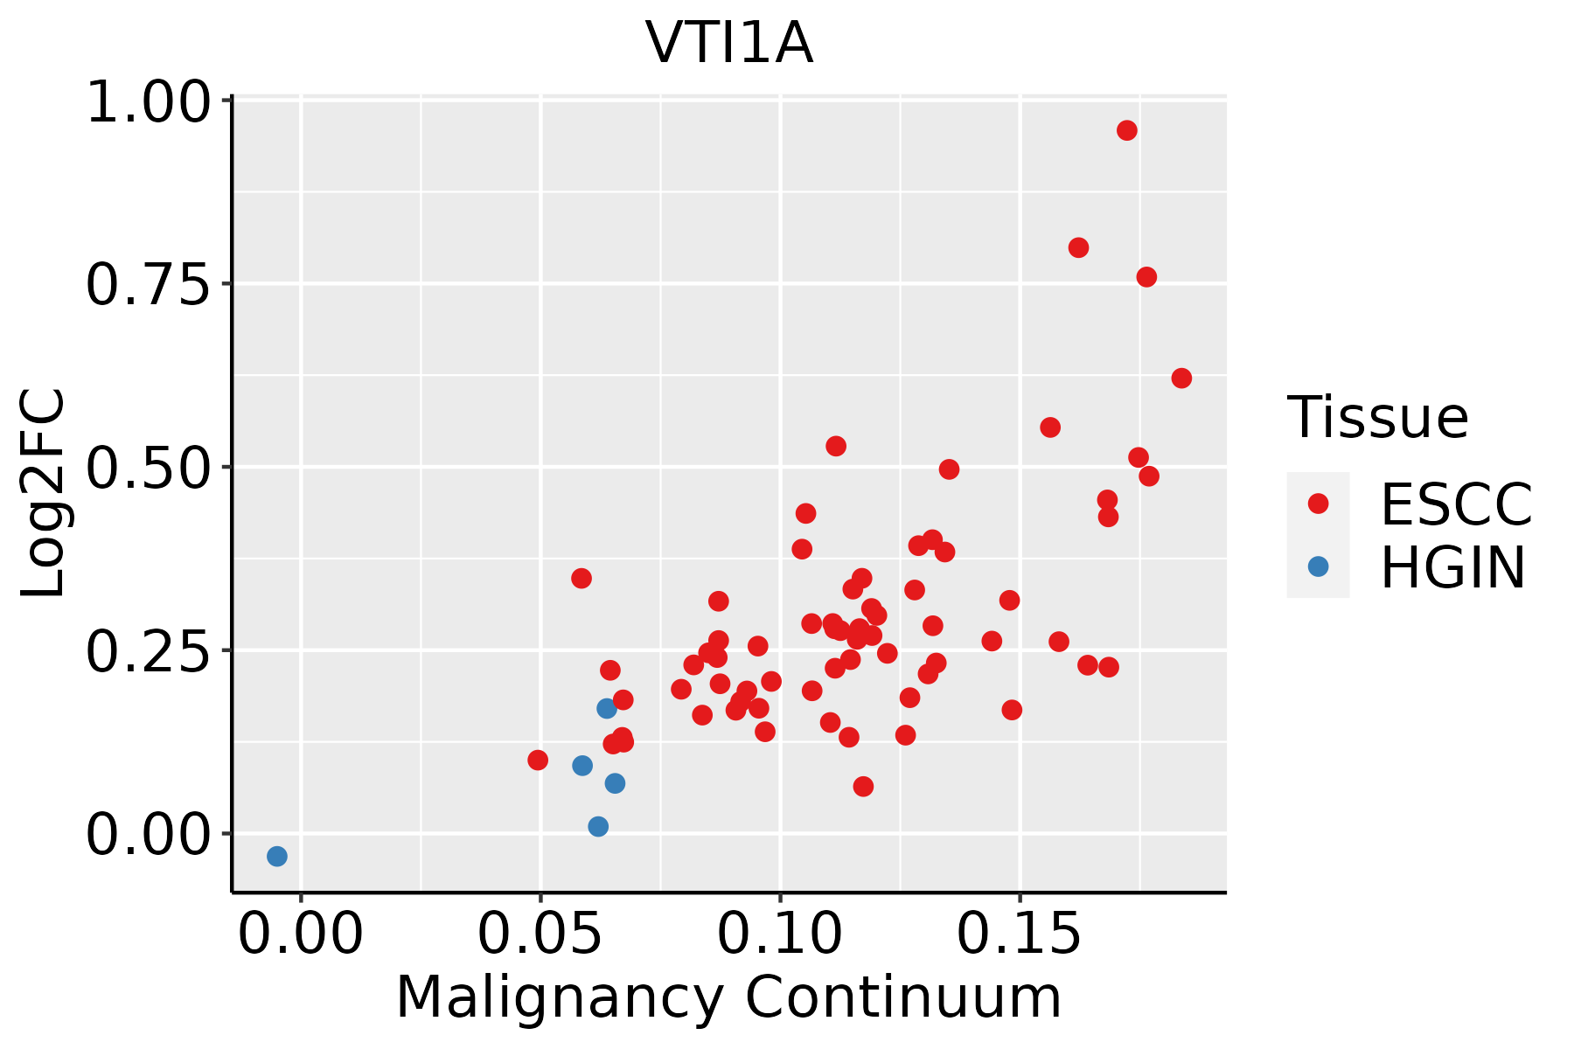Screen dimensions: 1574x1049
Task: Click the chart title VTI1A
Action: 729,44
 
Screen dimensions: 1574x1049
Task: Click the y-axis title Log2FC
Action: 44,493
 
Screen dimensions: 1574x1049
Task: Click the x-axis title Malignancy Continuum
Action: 728,997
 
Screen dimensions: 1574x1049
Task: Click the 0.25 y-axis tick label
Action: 149,651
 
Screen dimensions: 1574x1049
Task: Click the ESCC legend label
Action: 1456,504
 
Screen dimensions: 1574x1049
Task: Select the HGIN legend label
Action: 1452,567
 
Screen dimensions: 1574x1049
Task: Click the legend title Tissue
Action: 1378,417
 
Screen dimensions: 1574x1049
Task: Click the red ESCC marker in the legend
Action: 1318,504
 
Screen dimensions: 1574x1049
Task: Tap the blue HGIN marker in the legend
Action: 1318,566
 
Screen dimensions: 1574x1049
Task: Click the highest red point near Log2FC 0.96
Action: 1127,130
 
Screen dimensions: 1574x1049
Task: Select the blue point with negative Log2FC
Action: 277,856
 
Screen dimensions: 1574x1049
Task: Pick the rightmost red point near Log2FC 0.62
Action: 1181,378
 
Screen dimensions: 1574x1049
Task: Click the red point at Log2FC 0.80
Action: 1078,247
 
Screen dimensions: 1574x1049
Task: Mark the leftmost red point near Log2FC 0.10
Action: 538,760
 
